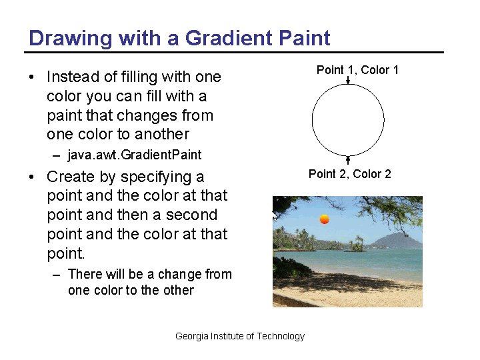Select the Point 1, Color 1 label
(x=357, y=70)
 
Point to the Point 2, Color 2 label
(x=349, y=174)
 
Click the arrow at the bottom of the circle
(x=348, y=161)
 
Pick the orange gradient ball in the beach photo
(x=325, y=219)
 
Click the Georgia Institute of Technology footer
(x=240, y=336)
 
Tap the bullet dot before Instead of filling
(x=32, y=77)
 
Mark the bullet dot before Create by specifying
(x=32, y=177)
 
